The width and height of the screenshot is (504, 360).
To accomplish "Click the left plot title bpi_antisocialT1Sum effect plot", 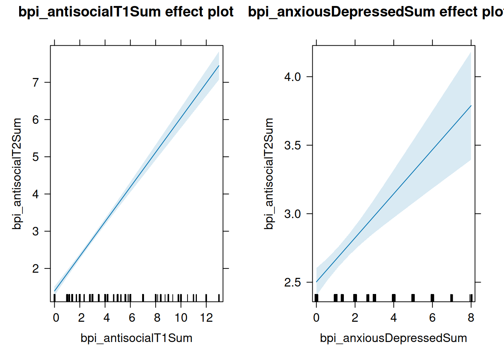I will [126, 12].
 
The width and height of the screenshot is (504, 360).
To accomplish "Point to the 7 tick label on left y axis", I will [36, 82].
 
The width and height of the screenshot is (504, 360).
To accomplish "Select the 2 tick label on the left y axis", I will [36, 268].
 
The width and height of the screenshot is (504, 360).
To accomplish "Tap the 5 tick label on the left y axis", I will [36, 157].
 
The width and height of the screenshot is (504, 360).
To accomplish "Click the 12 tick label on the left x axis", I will [206, 318].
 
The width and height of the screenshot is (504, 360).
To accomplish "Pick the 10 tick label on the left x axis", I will [181, 318].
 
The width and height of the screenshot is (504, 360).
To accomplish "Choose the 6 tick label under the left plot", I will [132, 318].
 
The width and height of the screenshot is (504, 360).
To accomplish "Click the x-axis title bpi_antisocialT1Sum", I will [136, 338].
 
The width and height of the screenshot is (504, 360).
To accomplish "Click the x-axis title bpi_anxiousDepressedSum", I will [393, 338].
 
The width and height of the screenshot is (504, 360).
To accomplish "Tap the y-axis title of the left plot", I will [17, 174].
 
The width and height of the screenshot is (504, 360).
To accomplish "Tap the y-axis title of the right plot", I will [269, 174].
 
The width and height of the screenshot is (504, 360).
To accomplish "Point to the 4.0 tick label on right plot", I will [292, 77].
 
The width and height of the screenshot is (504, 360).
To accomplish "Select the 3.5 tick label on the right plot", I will [292, 145].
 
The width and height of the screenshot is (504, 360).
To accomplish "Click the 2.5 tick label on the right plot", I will [292, 282].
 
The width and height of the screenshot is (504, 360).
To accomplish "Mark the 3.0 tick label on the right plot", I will [292, 214].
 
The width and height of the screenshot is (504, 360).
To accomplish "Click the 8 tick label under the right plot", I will [471, 318].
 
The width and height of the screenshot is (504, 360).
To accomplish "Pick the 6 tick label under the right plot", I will [432, 318].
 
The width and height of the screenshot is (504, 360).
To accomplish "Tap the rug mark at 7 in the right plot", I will [451, 298].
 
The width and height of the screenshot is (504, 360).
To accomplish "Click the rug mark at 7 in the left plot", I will [143, 298].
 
